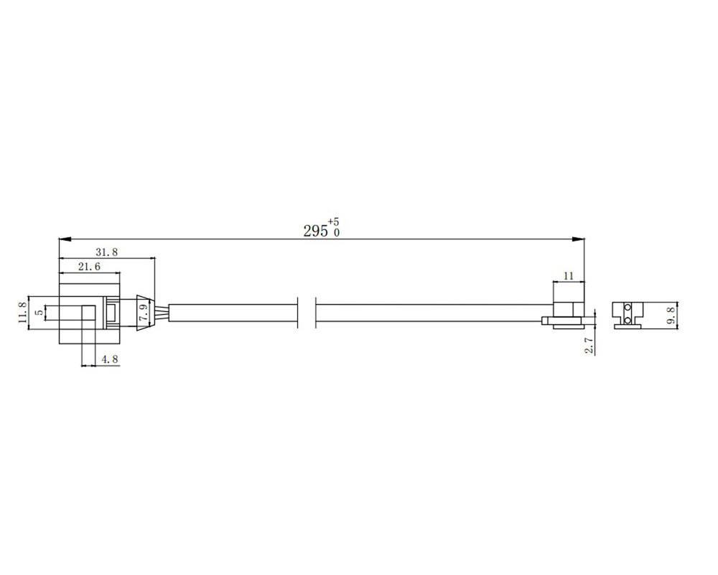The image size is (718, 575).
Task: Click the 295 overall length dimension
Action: pyautogui.click(x=315, y=231)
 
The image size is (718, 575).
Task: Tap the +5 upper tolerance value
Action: pyautogui.click(x=333, y=222)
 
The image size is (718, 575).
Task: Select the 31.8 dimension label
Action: pyautogui.click(x=107, y=252)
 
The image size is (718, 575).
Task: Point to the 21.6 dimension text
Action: pyautogui.click(x=89, y=267)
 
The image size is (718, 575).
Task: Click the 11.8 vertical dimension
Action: pyautogui.click(x=22, y=312)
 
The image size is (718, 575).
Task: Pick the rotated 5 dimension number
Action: pyautogui.click(x=39, y=312)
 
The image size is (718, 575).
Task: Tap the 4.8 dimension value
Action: pyautogui.click(x=110, y=359)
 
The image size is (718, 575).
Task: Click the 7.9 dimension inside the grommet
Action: pyautogui.click(x=144, y=313)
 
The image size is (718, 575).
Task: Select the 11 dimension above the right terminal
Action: pyautogui.click(x=568, y=275)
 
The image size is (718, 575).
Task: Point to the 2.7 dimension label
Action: pyautogui.click(x=589, y=345)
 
